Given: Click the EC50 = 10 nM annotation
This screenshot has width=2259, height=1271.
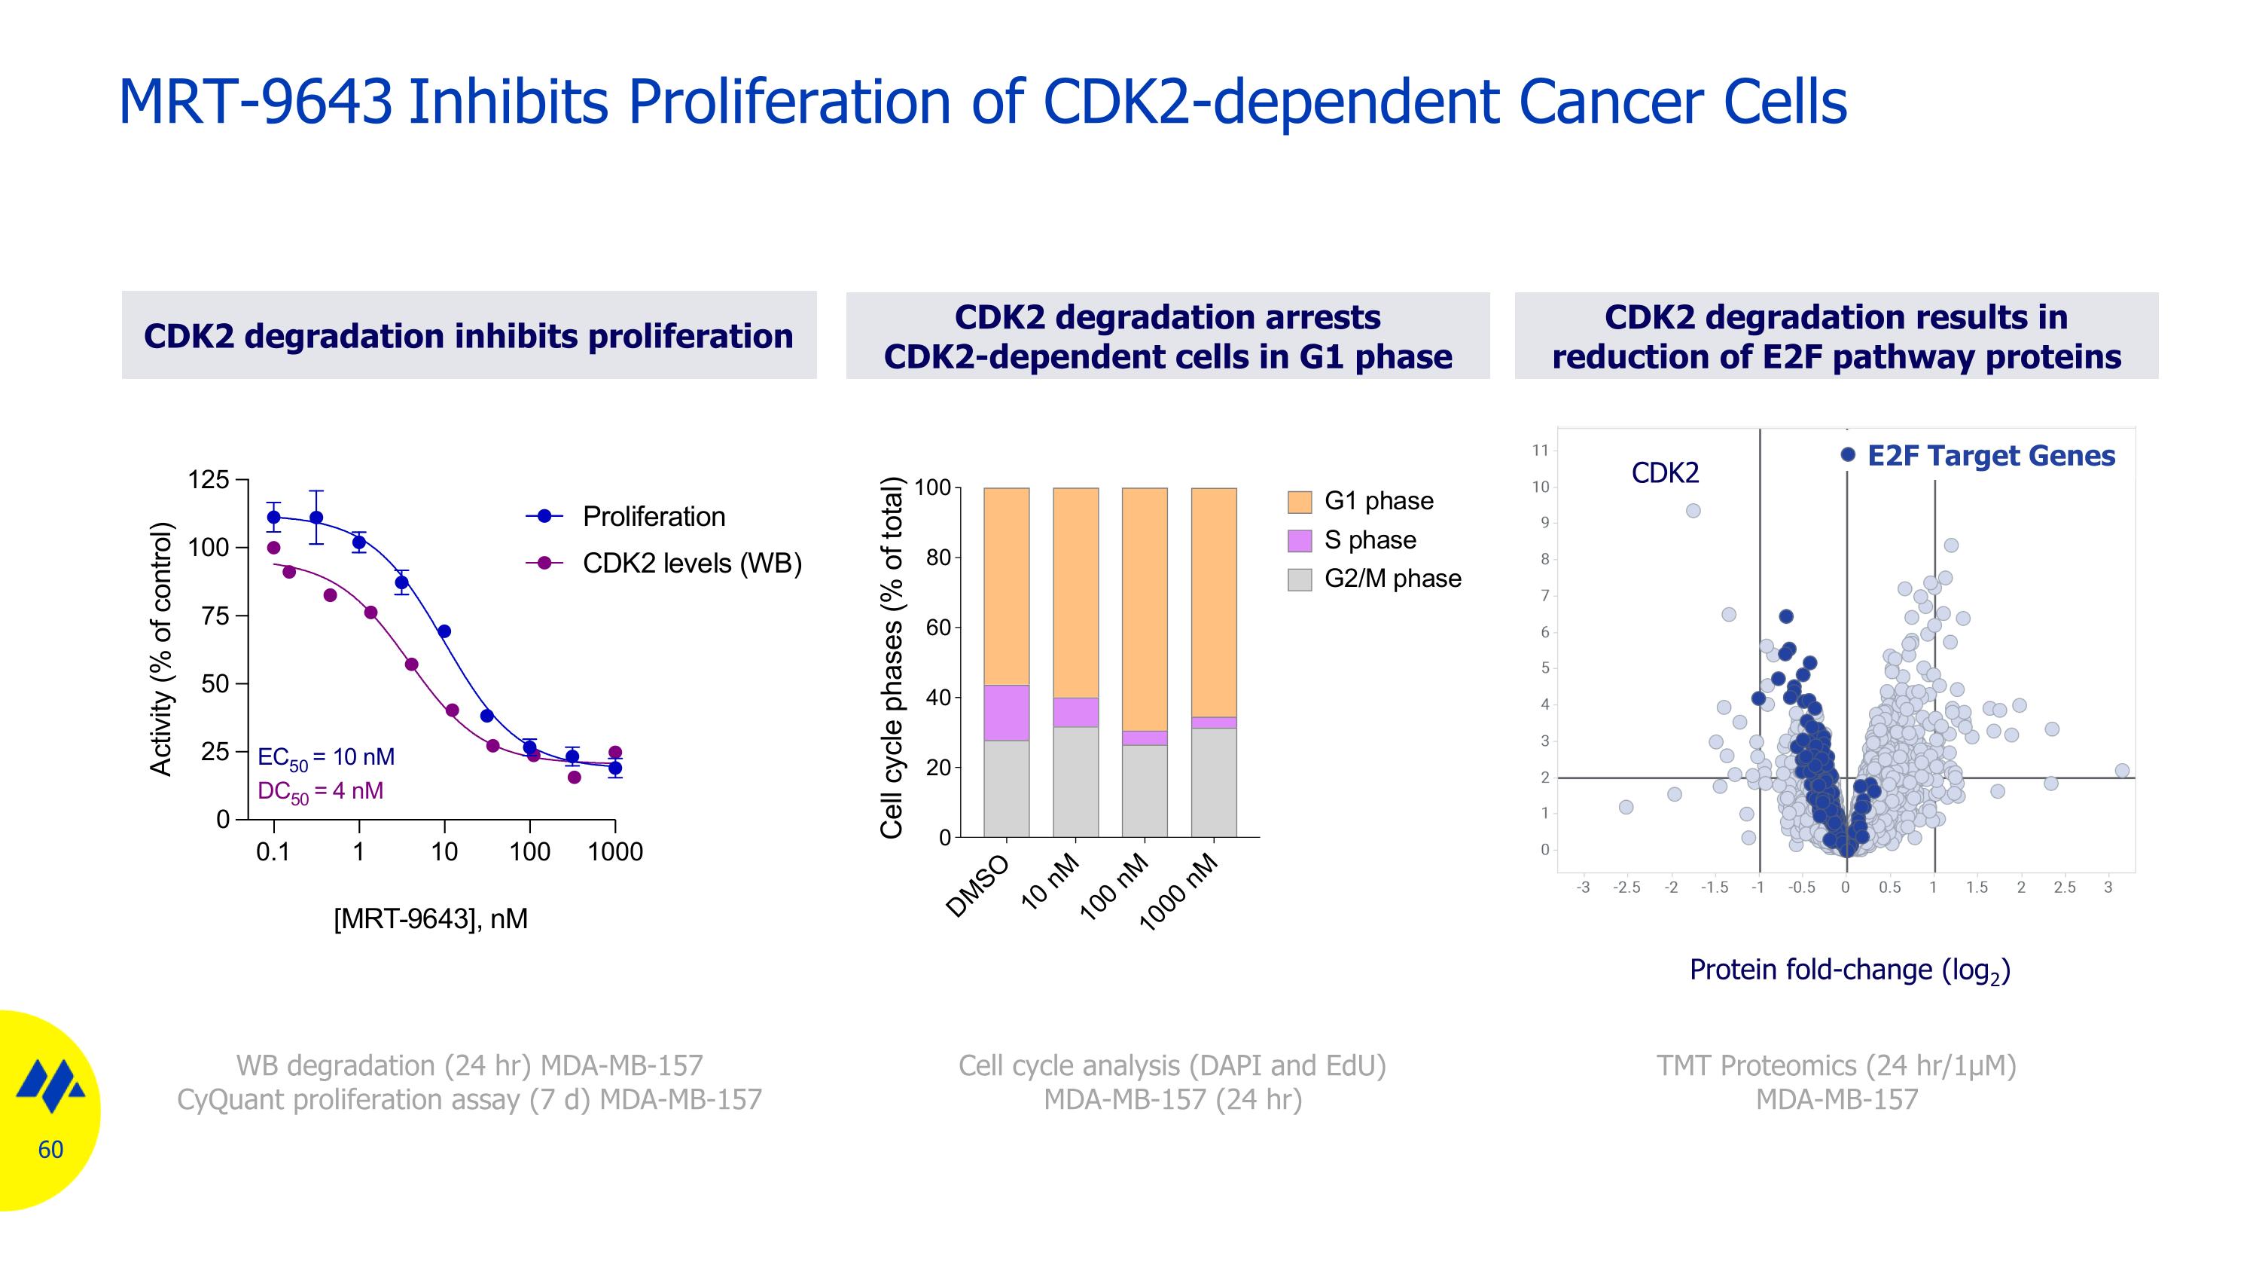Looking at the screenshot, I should (x=326, y=758).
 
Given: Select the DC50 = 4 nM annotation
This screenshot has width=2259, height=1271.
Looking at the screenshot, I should (x=320, y=792).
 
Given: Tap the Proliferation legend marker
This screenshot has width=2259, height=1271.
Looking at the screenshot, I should (x=544, y=517).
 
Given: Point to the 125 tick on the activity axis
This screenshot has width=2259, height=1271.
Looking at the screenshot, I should (x=208, y=481).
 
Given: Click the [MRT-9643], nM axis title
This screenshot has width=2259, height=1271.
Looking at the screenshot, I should (x=431, y=919).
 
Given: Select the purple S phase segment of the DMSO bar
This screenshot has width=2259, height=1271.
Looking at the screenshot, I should (x=1006, y=712).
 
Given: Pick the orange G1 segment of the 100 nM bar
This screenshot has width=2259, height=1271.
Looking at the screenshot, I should (x=1145, y=609).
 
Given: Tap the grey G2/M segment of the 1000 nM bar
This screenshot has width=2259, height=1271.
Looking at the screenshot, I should (x=1214, y=783).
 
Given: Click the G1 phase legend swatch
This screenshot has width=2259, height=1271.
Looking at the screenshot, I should (x=1300, y=502).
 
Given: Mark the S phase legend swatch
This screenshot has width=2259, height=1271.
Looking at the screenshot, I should (x=1300, y=540).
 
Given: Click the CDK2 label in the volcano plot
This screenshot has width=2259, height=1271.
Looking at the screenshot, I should (x=1664, y=474).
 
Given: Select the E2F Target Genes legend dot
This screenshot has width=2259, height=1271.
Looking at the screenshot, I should (x=1848, y=454).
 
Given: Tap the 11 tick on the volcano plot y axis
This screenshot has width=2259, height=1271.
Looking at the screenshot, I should (x=1540, y=451).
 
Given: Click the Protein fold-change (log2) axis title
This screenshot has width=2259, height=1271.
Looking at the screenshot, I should (x=1849, y=970).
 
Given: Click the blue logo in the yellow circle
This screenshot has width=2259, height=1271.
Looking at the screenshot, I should (x=50, y=1085).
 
